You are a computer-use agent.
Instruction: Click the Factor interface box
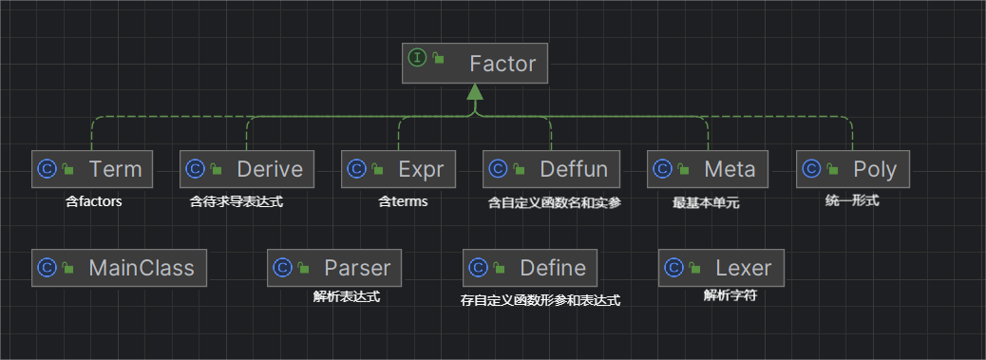pyautogui.click(x=475, y=64)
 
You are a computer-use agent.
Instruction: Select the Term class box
pyautogui.click(x=92, y=169)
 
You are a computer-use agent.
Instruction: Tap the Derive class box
pyautogui.click(x=247, y=169)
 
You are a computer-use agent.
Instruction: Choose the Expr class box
pyautogui.click(x=398, y=169)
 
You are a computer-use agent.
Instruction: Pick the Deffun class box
pyautogui.click(x=551, y=169)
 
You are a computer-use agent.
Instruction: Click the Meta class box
pyautogui.click(x=708, y=169)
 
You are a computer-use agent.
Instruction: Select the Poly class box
pyautogui.click(x=853, y=169)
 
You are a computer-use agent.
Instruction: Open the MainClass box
pyautogui.click(x=119, y=268)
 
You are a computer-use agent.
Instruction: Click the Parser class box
pyautogui.click(x=334, y=268)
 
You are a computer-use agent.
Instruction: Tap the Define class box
pyautogui.click(x=529, y=268)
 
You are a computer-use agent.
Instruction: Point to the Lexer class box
pyautogui.click(x=721, y=268)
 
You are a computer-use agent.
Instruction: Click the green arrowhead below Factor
pyautogui.click(x=475, y=91)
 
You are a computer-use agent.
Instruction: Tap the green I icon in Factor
pyautogui.click(x=418, y=59)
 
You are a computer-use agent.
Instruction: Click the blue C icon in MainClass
pyautogui.click(x=47, y=268)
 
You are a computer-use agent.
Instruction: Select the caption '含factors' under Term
pyautogui.click(x=94, y=202)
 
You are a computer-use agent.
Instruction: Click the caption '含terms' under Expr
pyautogui.click(x=403, y=201)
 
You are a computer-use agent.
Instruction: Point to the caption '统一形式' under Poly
pyautogui.click(x=852, y=201)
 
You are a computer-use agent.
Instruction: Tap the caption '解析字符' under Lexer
pyautogui.click(x=730, y=296)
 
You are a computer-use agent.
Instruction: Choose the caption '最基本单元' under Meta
pyautogui.click(x=708, y=203)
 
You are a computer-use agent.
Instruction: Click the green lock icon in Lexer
pyautogui.click(x=695, y=268)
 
